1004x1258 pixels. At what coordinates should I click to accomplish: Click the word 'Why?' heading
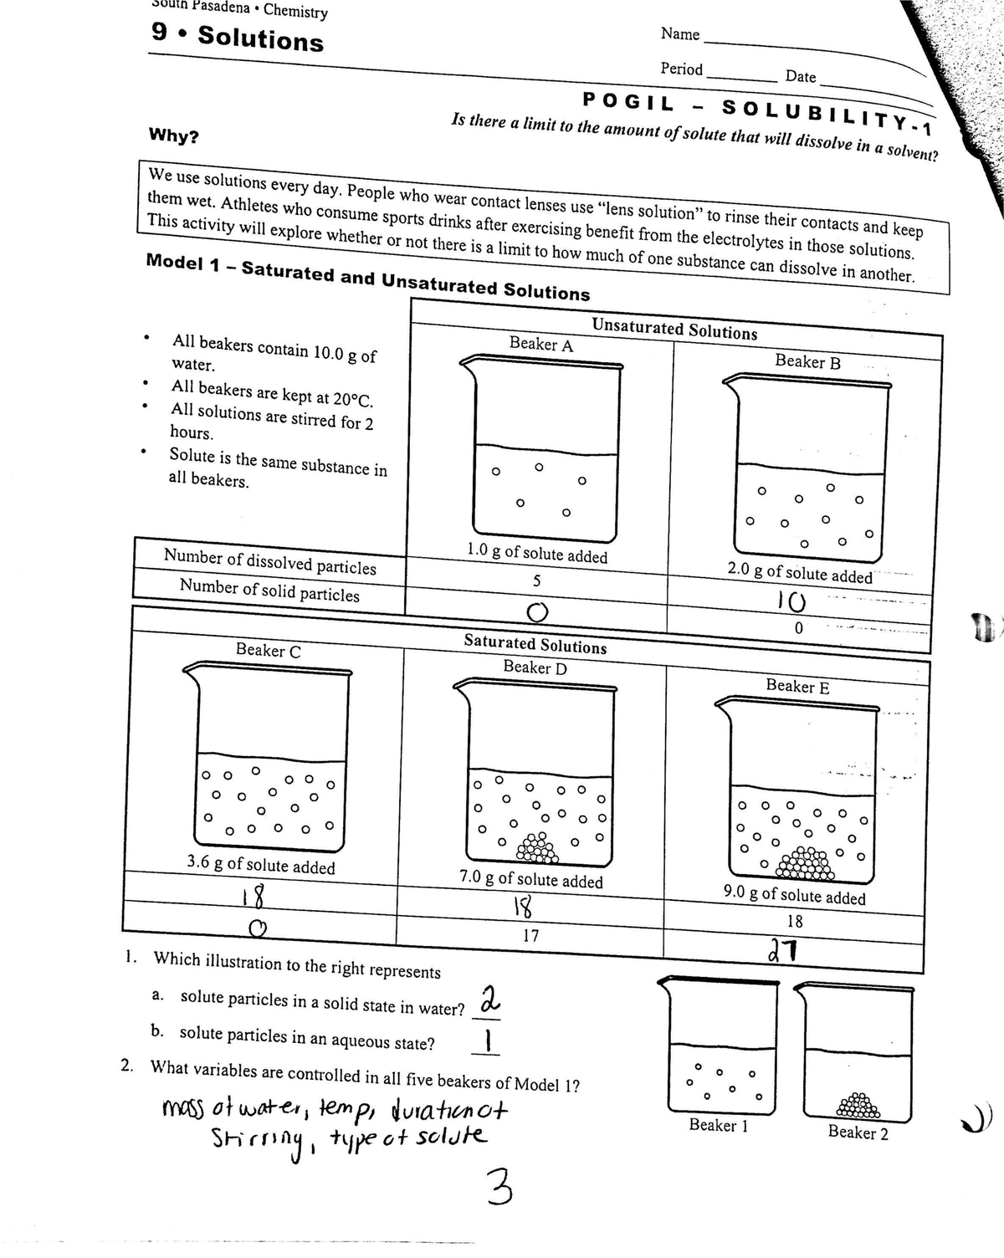coord(173,136)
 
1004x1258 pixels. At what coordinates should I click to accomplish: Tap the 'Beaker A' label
coord(541,344)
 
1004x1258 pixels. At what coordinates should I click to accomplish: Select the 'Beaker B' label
coord(807,361)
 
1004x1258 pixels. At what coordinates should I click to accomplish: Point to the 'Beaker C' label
coord(268,650)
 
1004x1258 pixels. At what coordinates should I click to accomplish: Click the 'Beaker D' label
coord(535,667)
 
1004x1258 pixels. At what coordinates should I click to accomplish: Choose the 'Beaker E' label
coord(797,687)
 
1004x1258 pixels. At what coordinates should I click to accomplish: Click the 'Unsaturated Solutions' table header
coord(674,328)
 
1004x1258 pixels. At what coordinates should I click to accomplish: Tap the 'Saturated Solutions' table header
coord(535,644)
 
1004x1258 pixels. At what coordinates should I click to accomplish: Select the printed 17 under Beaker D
coord(530,935)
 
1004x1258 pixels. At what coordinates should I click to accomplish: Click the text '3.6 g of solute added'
coord(260,864)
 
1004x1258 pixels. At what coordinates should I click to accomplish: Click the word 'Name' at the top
coord(679,34)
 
